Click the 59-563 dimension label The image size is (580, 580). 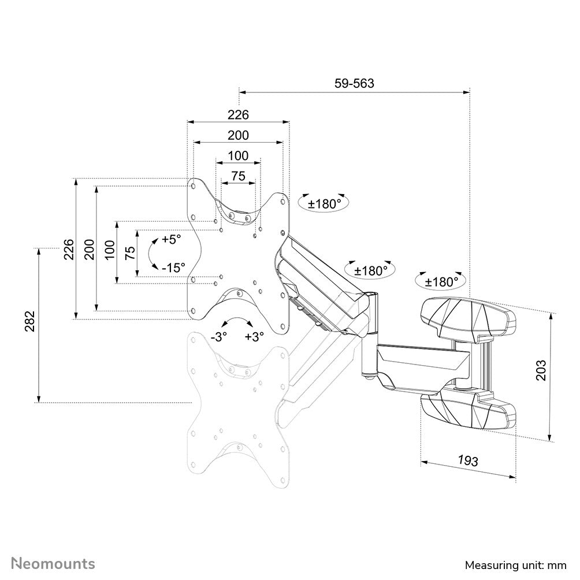click(354, 83)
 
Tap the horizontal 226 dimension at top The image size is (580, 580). click(238, 115)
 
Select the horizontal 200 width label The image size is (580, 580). click(238, 136)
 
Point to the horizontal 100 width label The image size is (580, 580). click(238, 156)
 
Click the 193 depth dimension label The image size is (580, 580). click(467, 461)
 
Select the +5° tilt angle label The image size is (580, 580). click(171, 239)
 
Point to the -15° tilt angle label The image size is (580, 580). click(173, 267)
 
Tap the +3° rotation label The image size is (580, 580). click(254, 337)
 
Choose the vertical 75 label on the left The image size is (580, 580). click(130, 252)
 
